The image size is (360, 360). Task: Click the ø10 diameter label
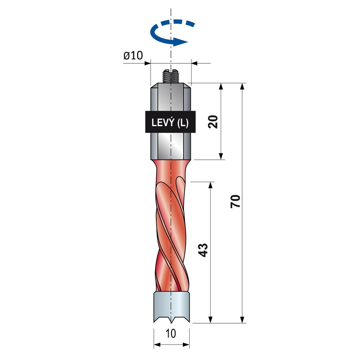point(133,55)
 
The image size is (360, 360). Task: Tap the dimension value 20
point(213,122)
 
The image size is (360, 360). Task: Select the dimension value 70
point(235,201)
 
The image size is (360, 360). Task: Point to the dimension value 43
point(203,250)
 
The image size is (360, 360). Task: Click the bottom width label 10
point(171,333)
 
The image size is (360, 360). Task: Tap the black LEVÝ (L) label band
point(170,122)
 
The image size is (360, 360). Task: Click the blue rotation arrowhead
point(180,42)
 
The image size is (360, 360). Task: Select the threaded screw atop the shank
point(171,76)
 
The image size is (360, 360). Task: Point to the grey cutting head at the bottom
point(171,307)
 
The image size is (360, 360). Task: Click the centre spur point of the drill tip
point(171,322)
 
